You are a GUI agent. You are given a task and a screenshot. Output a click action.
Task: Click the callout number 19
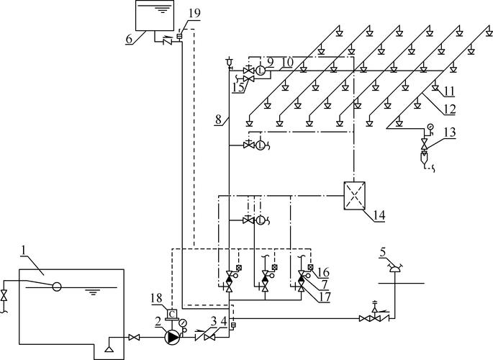coord(194,13)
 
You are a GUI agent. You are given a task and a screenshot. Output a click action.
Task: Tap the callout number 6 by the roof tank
coord(129,39)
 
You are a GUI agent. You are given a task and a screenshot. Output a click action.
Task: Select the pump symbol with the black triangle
coord(172,338)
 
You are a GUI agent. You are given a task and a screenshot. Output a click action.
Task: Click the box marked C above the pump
coord(172,314)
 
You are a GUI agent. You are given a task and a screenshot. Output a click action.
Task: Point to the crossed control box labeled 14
coord(354,196)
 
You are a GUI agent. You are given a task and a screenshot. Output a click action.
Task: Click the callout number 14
coord(379,215)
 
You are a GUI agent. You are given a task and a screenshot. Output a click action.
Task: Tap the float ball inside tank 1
coord(57,287)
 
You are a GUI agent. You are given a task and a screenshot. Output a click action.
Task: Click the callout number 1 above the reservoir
coord(23,251)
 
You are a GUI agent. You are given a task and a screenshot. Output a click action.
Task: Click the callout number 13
coord(450,132)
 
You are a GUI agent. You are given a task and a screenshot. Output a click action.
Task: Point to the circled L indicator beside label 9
coord(260,71)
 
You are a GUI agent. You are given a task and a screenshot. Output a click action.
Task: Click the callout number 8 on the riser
coord(219,120)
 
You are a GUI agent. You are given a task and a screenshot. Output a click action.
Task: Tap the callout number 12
coord(450,109)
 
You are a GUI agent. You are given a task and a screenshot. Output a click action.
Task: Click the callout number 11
coord(450,91)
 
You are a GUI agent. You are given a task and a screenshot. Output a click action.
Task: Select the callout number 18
coord(157,298)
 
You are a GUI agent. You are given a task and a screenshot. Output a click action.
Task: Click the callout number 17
coord(325,297)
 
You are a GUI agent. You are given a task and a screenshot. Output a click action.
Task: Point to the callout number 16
coord(324,272)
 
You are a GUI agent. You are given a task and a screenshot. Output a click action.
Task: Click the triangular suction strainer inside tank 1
coord(109,348)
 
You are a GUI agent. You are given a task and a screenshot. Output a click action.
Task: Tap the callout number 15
coord(238,88)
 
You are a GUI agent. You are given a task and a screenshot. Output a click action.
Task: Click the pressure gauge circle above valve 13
coord(430,127)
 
